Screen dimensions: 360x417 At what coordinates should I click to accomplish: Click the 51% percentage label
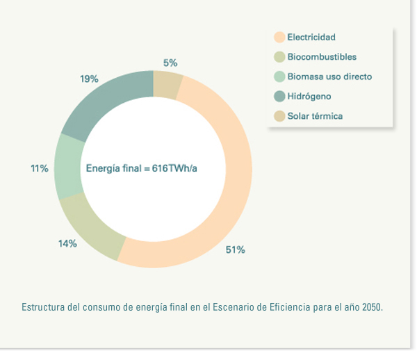235,249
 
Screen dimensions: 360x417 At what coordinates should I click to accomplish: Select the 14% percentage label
67,243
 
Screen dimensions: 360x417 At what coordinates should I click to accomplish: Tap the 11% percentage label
39,168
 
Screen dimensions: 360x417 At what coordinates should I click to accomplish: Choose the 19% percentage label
89,79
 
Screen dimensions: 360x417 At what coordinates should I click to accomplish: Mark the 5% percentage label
170,63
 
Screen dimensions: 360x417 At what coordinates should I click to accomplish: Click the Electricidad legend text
311,37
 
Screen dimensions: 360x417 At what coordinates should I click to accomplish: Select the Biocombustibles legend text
322,56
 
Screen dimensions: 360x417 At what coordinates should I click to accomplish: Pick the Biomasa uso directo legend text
329,76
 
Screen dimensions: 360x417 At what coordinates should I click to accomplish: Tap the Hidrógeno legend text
309,96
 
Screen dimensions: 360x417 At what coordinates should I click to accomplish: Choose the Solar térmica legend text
315,115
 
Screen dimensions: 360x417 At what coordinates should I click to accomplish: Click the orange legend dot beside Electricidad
279,37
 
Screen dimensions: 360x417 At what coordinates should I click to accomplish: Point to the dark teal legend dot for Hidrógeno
279,96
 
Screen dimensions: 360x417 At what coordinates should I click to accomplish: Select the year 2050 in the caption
372,306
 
